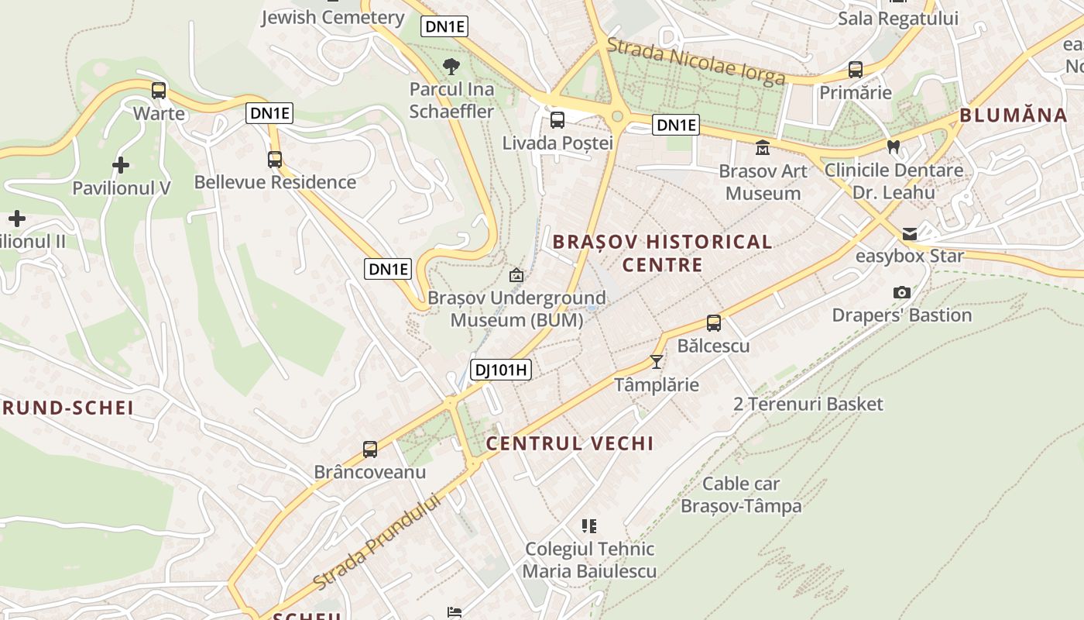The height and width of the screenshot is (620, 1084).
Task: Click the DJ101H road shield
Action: coord(501,370)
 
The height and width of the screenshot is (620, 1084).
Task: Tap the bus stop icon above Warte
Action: coord(159,91)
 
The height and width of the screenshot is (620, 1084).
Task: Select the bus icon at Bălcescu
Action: coord(714,323)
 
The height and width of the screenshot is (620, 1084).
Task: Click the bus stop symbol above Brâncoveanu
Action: coord(370,449)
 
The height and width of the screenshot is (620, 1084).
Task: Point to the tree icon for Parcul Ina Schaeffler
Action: coord(450,67)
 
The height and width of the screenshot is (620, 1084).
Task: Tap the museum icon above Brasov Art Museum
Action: coord(763,147)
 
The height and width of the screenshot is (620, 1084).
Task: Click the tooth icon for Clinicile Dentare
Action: coord(893,146)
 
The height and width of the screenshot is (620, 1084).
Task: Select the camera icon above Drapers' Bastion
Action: coord(901,292)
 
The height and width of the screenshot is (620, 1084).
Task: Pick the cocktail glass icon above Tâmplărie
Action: coord(657,361)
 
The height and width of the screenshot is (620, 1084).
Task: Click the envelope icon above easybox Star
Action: coord(909,233)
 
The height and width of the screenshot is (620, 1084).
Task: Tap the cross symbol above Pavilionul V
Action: coord(121,165)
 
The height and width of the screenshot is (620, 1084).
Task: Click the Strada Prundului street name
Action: coord(377,541)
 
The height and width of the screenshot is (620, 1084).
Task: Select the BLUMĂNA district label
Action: coord(1013,115)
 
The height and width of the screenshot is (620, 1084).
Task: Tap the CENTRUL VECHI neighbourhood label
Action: coord(569,443)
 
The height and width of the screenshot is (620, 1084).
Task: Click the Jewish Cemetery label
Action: coord(333,17)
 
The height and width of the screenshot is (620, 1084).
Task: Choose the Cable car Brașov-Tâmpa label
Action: coord(741,495)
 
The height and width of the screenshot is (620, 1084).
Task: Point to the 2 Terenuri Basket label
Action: coord(808,404)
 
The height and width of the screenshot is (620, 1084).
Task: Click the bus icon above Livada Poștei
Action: coord(557,120)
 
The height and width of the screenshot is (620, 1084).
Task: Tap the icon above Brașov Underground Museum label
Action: coord(516,275)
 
